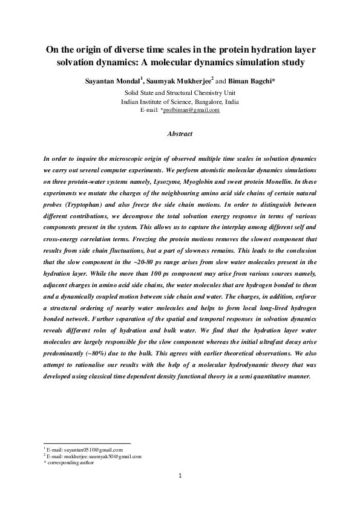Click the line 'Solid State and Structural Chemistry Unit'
180,93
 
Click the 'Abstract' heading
180,134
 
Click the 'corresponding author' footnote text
72,463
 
